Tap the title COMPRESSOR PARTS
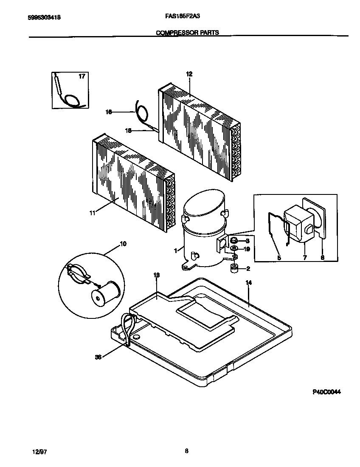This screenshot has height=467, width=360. pyautogui.click(x=188, y=32)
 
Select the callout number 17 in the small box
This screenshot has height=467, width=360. pyautogui.click(x=82, y=76)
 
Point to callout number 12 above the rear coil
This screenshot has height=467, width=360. pyautogui.click(x=189, y=74)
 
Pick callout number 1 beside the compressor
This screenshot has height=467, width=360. pyautogui.click(x=175, y=251)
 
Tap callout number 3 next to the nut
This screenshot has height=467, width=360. pyautogui.click(x=247, y=241)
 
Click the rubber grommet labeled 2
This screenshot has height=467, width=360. pyautogui.click(x=233, y=268)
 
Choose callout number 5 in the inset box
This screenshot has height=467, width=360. pyautogui.click(x=279, y=257)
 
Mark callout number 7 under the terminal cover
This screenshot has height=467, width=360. pyautogui.click(x=304, y=257)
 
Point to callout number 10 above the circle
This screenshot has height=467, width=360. pyautogui.click(x=123, y=244)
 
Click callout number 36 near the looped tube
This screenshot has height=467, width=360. pyautogui.click(x=98, y=357)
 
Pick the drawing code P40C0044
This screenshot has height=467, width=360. pyautogui.click(x=326, y=392)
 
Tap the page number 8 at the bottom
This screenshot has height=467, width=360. pyautogui.click(x=186, y=451)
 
